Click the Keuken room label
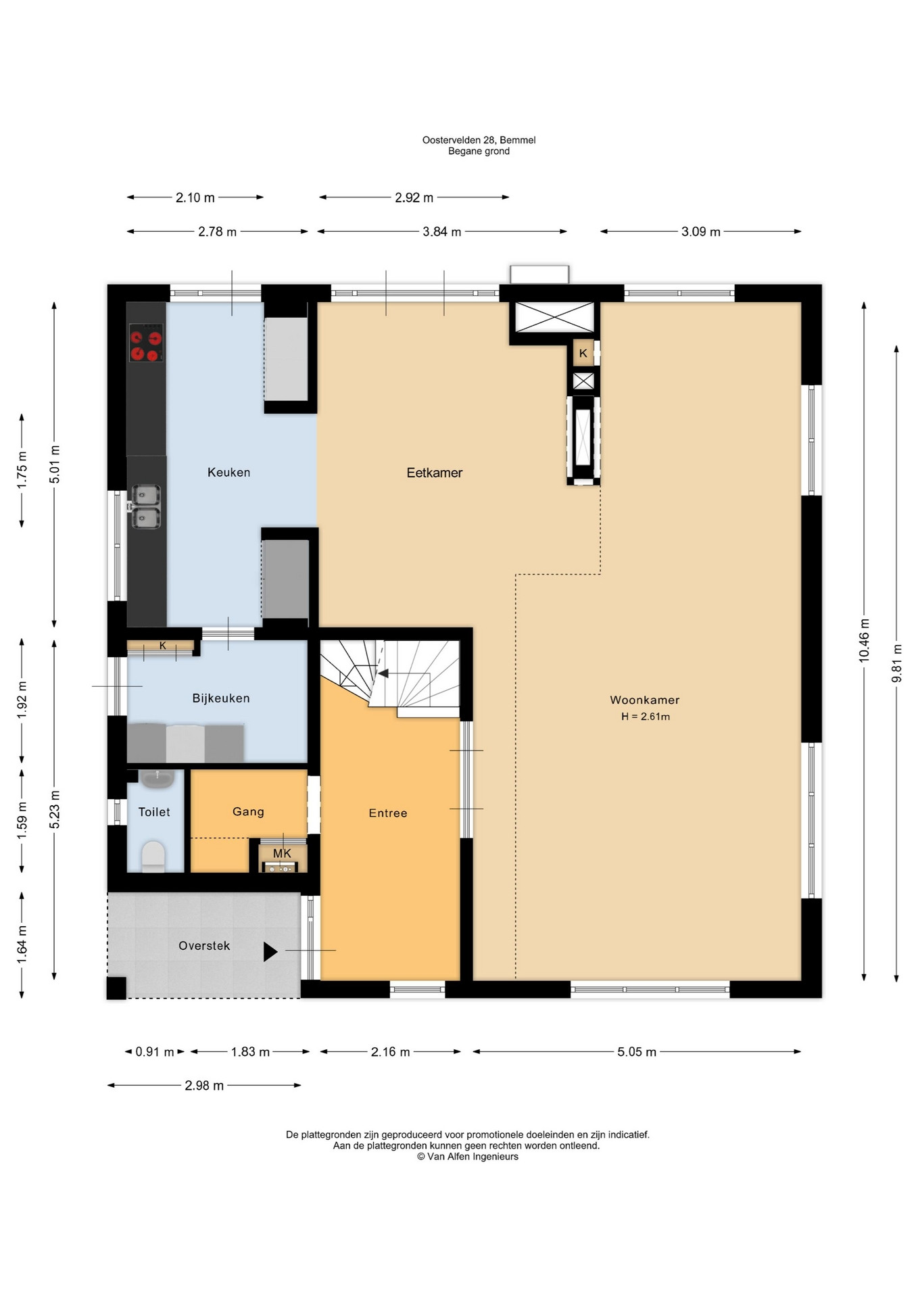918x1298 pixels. [228, 473]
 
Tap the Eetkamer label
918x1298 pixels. [435, 473]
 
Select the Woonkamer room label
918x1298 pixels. [645, 700]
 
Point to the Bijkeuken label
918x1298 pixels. [221, 698]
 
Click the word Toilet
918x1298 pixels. [154, 812]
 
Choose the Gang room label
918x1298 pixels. [248, 812]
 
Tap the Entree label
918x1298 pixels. [388, 813]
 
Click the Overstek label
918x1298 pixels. [204, 946]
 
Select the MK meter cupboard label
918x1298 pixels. [282, 854]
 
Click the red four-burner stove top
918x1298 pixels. [146, 343]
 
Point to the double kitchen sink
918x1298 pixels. [145, 506]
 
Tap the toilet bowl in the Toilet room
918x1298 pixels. [153, 857]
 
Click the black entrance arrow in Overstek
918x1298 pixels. [270, 952]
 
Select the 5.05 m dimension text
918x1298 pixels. [637, 1052]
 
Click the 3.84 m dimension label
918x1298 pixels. [442, 232]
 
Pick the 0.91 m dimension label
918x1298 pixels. [155, 1052]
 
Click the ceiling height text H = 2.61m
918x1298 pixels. [646, 717]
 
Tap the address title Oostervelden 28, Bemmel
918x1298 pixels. [479, 140]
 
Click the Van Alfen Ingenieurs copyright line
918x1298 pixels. [468, 1157]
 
